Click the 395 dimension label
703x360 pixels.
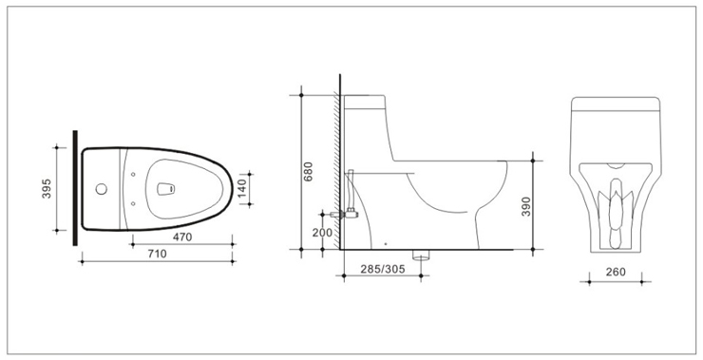point(47,189)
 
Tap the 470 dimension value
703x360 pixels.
point(182,237)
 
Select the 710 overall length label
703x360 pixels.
point(157,254)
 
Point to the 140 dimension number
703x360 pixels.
point(241,189)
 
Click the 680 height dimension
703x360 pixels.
point(308,171)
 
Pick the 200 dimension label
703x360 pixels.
point(322,233)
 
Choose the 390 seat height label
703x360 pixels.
point(526,206)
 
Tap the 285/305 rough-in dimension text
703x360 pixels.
point(383,269)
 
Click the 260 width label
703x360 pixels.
point(616,272)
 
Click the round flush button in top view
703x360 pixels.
point(102,189)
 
